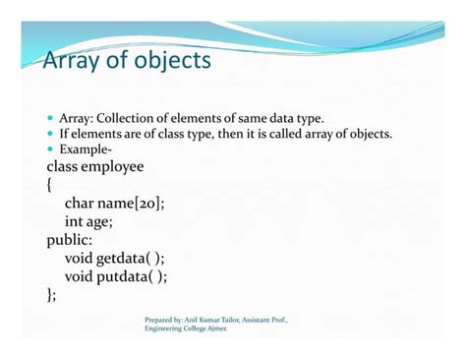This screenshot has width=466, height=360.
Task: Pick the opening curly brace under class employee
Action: (50, 184)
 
